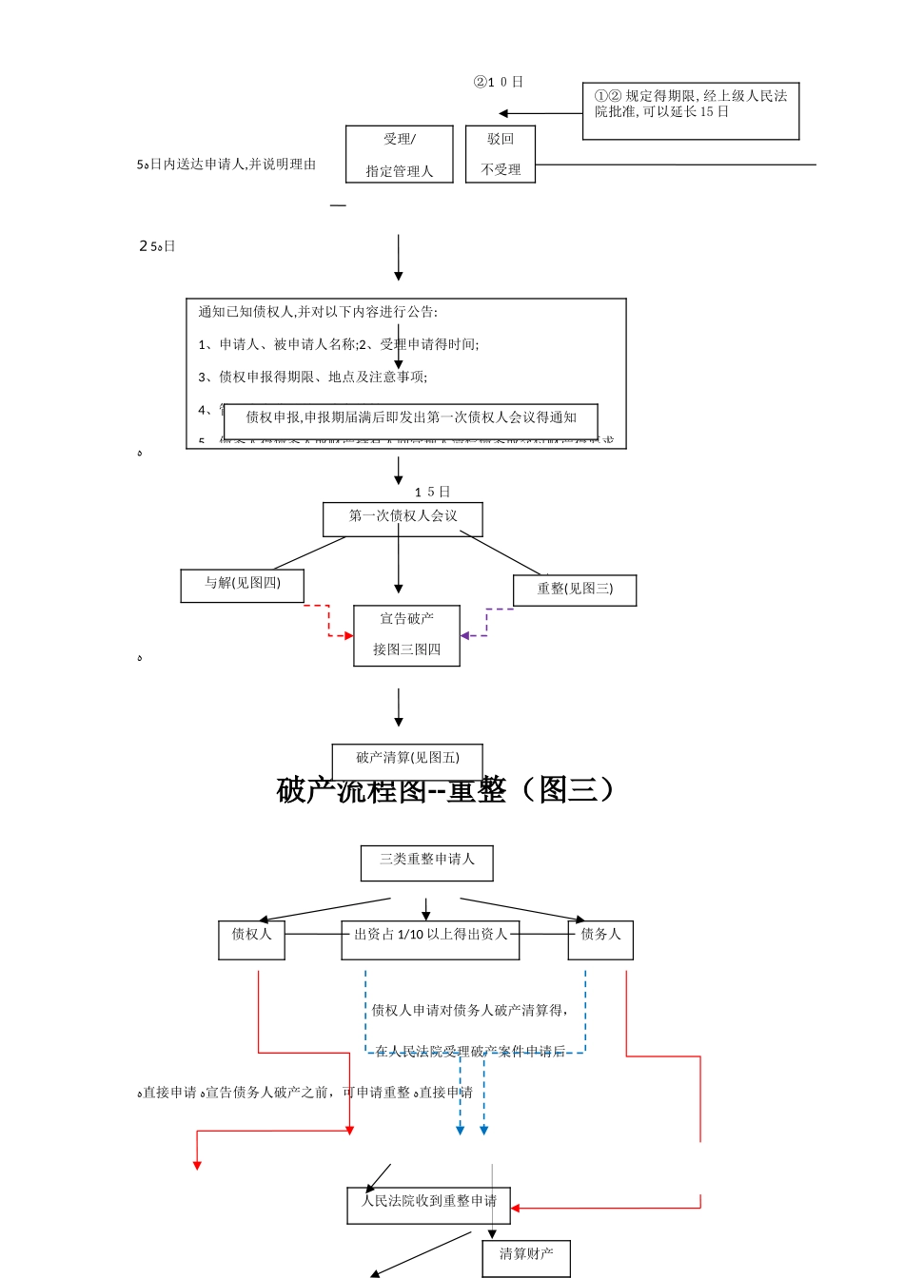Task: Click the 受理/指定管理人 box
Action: click(399, 154)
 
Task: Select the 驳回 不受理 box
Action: click(501, 154)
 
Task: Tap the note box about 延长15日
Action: click(690, 111)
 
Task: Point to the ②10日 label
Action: click(499, 82)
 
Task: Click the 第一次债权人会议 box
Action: click(403, 518)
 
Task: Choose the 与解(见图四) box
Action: click(243, 586)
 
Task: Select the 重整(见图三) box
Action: click(575, 590)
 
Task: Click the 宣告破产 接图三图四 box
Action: click(406, 635)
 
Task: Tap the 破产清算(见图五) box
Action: click(407, 759)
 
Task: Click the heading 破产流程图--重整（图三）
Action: click(446, 790)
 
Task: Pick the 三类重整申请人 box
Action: click(426, 862)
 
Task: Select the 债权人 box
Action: click(251, 939)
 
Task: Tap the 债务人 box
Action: click(600, 939)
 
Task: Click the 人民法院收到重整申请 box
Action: click(428, 1205)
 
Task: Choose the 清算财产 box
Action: click(525, 1257)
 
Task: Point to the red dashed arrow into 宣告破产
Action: click(329, 622)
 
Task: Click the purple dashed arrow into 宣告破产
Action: click(486, 624)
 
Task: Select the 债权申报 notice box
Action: click(411, 419)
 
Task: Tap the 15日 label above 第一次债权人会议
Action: click(432, 492)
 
